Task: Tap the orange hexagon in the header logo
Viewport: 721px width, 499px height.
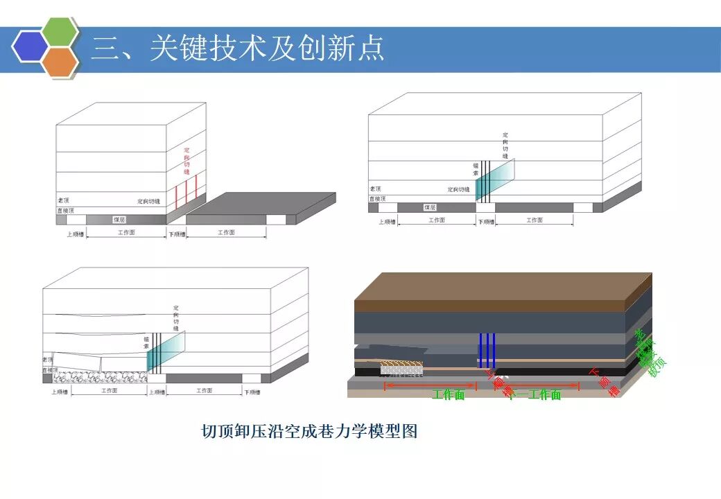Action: pos(60,61)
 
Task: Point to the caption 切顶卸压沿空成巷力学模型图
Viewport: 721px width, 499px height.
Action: pos(309,432)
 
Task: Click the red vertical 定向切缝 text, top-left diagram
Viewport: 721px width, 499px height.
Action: pos(186,161)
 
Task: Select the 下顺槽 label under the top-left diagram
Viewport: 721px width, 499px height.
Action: pos(177,234)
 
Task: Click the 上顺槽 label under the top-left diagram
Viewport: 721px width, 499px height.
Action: pos(76,234)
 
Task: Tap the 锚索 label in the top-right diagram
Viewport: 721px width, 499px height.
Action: pos(476,170)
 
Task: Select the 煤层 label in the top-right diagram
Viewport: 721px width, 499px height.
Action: pos(430,207)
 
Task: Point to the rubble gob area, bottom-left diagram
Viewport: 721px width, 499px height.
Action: pos(97,376)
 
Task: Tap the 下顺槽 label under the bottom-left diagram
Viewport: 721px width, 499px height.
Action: pos(252,392)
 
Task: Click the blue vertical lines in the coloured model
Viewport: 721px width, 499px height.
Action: pos(487,350)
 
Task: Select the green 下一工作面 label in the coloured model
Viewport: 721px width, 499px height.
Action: pos(535,395)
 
